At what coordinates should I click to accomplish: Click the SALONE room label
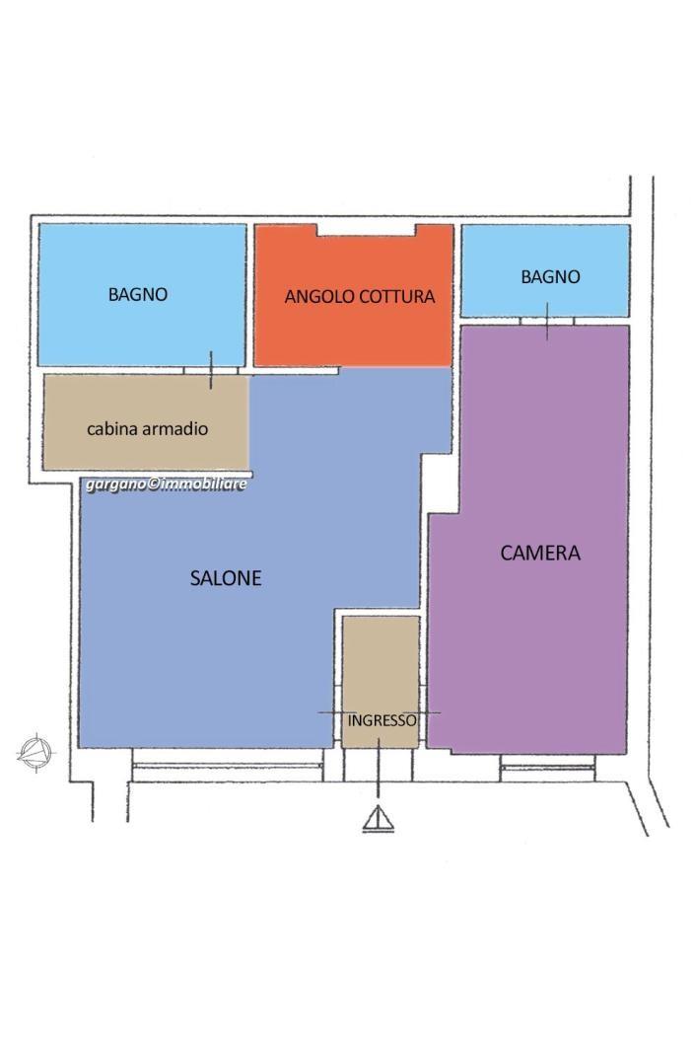point(226,578)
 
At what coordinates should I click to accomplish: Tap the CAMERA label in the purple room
point(540,553)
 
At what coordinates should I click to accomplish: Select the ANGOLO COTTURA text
point(359,296)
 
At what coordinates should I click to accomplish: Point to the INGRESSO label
point(382,720)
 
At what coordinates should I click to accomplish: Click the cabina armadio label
point(148,428)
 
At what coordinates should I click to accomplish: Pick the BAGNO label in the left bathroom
point(137,294)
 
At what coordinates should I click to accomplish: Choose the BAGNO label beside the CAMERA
point(550,277)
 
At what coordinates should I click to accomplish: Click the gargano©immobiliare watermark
point(166,484)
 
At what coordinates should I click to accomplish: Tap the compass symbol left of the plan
point(35,754)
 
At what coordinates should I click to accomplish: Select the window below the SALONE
point(227,767)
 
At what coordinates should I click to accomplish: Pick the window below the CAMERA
point(547,768)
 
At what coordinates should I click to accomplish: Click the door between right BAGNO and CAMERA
point(547,321)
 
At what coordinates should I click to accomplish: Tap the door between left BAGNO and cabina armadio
point(211,370)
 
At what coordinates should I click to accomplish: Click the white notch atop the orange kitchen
point(366,230)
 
